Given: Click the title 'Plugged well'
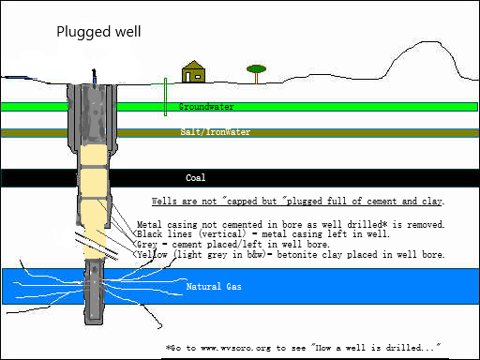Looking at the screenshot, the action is [x=98, y=32].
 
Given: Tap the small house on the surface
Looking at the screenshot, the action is [x=193, y=71].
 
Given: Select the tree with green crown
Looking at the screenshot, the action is [x=256, y=74].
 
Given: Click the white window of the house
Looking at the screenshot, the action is [x=198, y=76].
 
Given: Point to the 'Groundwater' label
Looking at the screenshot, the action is [x=206, y=107].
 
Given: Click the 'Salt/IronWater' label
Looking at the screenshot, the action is [x=216, y=132].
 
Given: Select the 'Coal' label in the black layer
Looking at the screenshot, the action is [x=196, y=178].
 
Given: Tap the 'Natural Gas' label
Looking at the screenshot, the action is [x=214, y=287].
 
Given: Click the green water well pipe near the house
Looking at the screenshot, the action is [x=165, y=97].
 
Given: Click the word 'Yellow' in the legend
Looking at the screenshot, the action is [x=152, y=254].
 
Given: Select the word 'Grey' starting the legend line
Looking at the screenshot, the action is [x=147, y=244].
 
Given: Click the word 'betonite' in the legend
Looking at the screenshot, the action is [x=297, y=254].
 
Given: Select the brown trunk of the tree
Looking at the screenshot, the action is [x=256, y=79].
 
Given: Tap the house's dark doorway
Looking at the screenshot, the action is [x=187, y=77].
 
